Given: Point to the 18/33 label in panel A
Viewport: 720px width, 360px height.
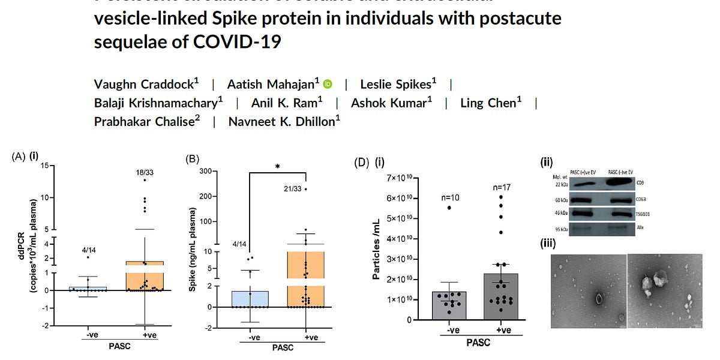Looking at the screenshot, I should click(145, 173).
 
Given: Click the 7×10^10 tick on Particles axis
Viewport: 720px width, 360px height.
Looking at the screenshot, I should click(403, 178).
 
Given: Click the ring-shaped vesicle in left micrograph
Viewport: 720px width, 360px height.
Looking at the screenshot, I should click(598, 298).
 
